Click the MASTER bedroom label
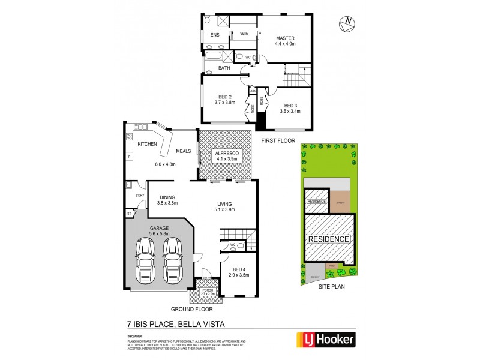tap(284, 38)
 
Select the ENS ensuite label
tap(214, 35)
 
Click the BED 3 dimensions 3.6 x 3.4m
tap(292, 110)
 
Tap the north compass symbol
tap(346, 23)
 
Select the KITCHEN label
tap(147, 145)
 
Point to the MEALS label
tap(183, 151)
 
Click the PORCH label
tap(208, 290)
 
